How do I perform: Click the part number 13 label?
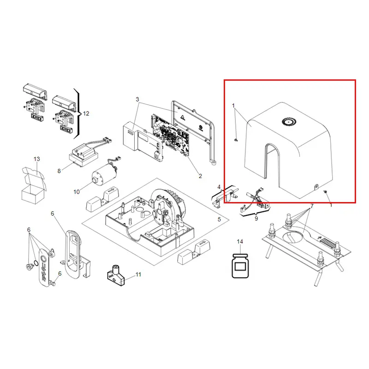(37, 159)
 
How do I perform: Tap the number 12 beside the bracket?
(86, 113)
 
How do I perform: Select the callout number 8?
(59, 171)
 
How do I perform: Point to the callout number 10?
(77, 192)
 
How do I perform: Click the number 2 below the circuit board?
(200, 176)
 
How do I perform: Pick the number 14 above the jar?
(240, 242)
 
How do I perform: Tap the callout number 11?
(138, 274)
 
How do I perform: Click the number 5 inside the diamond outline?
(219, 220)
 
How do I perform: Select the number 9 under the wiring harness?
(256, 219)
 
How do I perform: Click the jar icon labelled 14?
(240, 266)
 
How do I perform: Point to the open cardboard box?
(33, 185)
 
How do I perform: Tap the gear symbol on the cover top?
(289, 122)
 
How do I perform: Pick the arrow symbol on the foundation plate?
(319, 238)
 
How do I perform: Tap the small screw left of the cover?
(236, 140)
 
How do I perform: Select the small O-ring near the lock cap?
(36, 262)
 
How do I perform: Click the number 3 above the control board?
(137, 100)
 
